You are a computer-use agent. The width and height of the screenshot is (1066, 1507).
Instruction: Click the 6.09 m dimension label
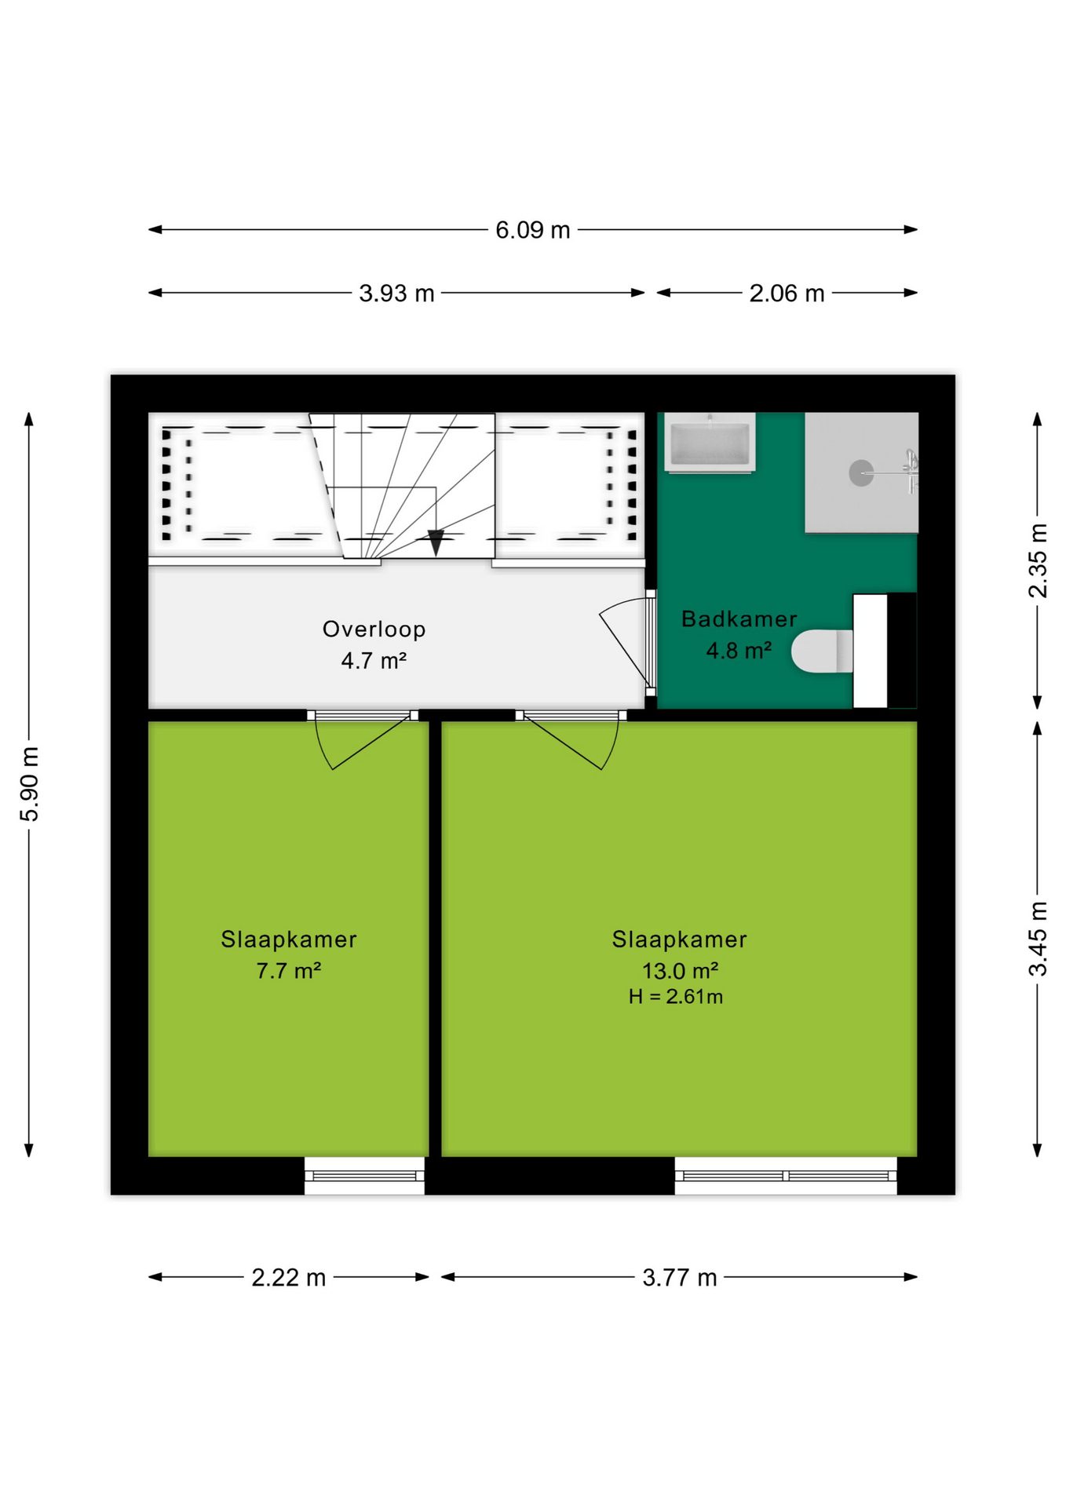532,230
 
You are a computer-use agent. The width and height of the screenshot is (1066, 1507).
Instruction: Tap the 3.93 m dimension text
396,294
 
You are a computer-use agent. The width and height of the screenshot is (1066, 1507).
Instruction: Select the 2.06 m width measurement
787,294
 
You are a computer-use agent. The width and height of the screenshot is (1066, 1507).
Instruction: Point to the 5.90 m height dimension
29,784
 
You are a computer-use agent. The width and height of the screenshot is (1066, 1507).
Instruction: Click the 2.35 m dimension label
1038,560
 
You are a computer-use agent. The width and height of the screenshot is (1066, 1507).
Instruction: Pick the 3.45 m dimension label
1038,939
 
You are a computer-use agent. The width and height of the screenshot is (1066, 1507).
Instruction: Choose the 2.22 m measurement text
288,1278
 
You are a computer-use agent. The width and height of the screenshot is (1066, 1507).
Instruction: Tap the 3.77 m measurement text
680,1278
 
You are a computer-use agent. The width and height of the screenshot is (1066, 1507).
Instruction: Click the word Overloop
374,629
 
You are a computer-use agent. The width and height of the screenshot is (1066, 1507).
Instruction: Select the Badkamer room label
739,619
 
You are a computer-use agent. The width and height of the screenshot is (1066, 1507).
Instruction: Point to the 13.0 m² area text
681,971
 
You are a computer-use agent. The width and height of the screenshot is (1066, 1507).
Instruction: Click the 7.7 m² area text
289,971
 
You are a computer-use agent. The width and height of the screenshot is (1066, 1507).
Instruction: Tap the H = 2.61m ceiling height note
676,997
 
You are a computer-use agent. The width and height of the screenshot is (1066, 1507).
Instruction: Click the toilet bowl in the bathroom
821,651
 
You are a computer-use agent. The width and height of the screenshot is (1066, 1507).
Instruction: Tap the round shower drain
861,473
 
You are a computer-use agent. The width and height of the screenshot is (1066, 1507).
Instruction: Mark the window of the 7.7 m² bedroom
365,1176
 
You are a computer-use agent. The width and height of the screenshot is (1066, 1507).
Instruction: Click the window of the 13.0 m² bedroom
786,1176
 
